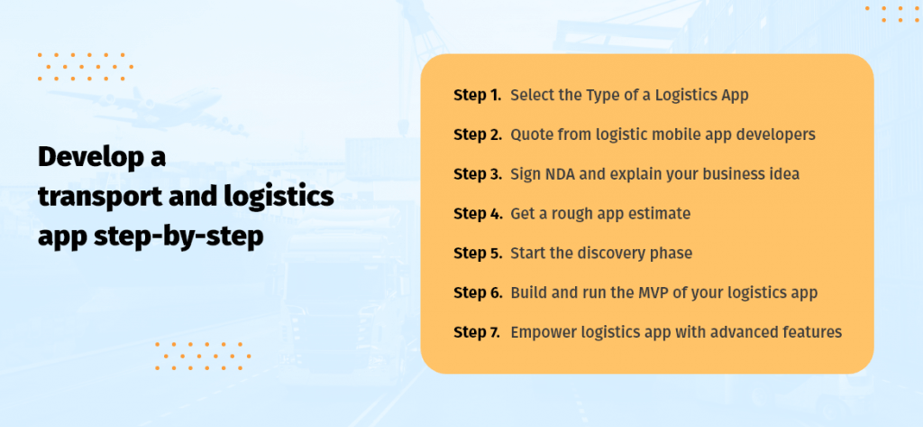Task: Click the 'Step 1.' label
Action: point(478,95)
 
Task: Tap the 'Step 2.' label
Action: point(478,135)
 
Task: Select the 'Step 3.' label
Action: point(478,174)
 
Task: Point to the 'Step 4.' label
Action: point(478,214)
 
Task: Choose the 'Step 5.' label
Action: point(478,254)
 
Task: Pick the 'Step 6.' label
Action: point(478,293)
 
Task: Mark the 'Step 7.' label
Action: point(478,332)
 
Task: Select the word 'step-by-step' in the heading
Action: point(178,237)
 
